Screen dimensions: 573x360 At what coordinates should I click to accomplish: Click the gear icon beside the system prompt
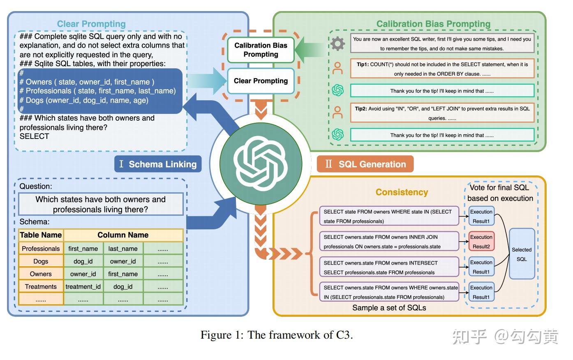[x=337, y=44]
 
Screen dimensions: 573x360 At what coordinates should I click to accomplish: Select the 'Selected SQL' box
[x=522, y=254]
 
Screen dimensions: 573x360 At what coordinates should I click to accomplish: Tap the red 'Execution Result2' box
[x=481, y=241]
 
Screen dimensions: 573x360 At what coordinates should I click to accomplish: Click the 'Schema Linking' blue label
[x=158, y=164]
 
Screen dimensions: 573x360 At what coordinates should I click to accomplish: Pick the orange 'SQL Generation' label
[x=365, y=164]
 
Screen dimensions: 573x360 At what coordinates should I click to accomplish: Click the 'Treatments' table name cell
[x=41, y=286]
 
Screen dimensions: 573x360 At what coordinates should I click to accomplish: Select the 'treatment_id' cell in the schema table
[x=83, y=286]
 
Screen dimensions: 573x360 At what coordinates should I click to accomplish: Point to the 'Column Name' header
[x=123, y=235]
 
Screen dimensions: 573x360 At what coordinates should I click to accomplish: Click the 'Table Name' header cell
[x=41, y=235]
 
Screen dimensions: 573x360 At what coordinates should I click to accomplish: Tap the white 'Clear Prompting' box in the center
[x=261, y=81]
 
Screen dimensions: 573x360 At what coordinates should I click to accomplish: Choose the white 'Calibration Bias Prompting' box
[x=261, y=50]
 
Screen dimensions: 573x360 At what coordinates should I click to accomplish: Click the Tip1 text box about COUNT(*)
[x=442, y=69]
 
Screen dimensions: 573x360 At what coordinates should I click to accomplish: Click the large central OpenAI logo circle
[x=261, y=164]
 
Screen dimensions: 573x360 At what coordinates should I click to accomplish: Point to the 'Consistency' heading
[x=402, y=192]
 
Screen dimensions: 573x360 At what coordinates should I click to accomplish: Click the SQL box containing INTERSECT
[x=389, y=267]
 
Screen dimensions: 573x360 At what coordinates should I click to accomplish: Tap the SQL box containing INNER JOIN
[x=389, y=241]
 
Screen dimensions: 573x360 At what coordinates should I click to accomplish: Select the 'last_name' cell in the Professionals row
[x=123, y=249]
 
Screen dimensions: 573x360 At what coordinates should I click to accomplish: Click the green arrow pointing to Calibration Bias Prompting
[x=309, y=50]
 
